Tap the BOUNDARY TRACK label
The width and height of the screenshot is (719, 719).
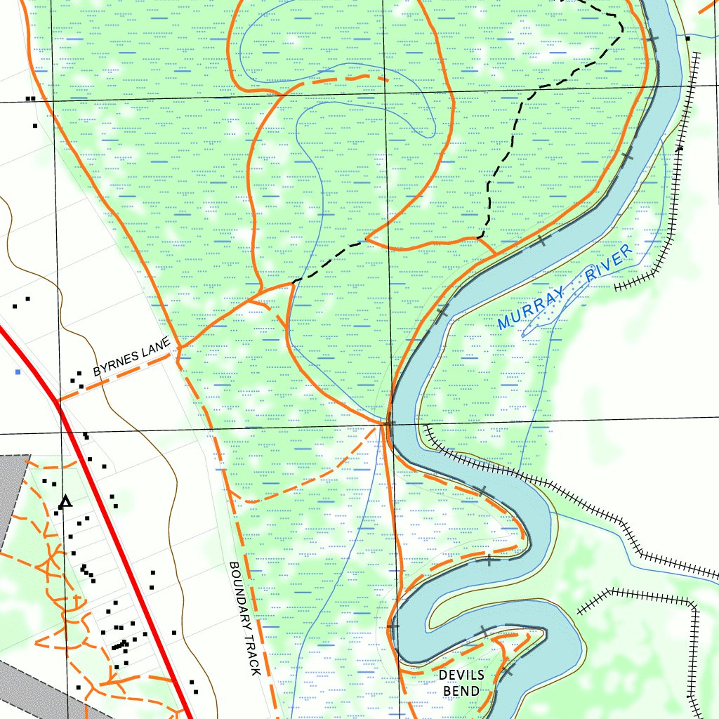coord(244,618)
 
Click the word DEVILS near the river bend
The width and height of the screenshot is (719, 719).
coord(461,675)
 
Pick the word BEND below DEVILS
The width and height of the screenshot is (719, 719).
coord(461,691)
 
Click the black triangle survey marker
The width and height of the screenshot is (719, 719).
coord(65,501)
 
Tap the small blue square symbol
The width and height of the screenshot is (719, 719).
coord(18,371)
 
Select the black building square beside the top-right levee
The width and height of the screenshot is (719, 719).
coord(688,39)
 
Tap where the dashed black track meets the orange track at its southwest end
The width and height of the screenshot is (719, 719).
coord(293,282)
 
